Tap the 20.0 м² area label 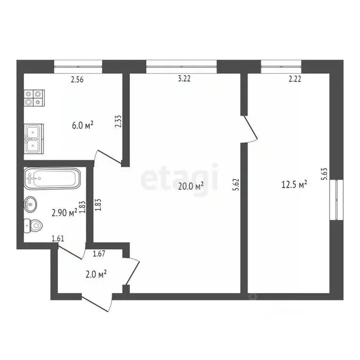click(191, 186)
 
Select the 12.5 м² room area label click(294, 184)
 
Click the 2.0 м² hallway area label click(96, 274)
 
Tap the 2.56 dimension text click(77, 79)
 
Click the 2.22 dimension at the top click(295, 79)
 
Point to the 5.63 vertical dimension click(324, 175)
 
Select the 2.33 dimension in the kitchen click(118, 122)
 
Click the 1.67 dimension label click(99, 254)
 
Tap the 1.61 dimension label click(58, 239)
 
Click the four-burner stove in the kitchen click(34, 97)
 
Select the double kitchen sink click(34, 138)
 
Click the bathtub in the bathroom click(52, 178)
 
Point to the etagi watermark click(180, 177)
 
